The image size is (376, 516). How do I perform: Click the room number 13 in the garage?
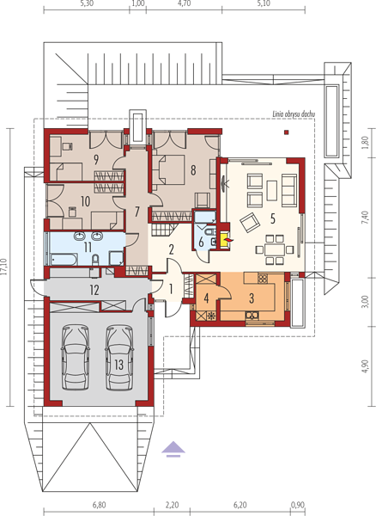pos(118,365)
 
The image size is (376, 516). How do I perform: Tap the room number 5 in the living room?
pos(273,219)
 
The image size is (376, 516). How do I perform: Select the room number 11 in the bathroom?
pos(88,247)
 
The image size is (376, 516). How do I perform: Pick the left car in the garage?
pos(76,357)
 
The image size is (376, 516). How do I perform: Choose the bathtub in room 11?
pos(64,259)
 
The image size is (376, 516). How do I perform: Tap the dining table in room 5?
pos(275,249)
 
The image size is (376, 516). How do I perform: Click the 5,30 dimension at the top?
pos(87,3)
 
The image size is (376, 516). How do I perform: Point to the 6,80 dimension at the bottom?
pos(99,505)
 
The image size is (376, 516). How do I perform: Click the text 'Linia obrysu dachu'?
pos(294,114)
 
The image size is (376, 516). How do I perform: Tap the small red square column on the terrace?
pos(287,132)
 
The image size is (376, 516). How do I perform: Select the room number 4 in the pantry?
pos(206,298)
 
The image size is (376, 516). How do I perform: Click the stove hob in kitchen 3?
pos(263,279)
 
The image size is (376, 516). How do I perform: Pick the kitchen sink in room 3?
pos(252,316)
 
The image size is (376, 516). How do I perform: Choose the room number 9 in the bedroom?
pos(96,160)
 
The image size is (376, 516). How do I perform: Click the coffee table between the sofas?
pos(271,190)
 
